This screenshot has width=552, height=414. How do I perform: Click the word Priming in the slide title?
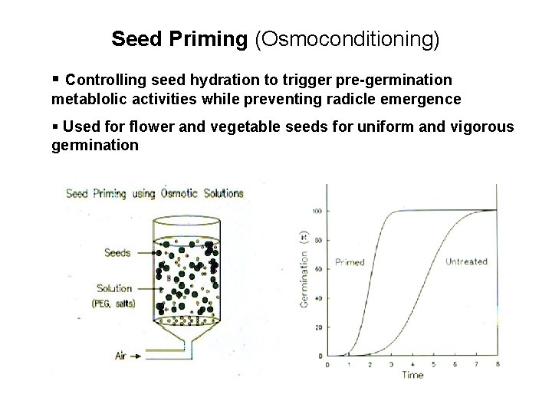[x=209, y=39]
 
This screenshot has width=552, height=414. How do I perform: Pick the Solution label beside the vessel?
[x=113, y=289]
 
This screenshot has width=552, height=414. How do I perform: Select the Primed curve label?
[x=350, y=262]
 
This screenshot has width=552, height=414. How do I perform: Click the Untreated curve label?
[x=466, y=262]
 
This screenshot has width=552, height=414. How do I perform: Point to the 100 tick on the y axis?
[x=316, y=210]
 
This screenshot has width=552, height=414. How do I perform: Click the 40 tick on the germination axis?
[x=317, y=297]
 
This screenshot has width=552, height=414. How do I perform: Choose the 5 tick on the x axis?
[x=433, y=364]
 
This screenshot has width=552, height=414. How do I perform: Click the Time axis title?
[x=412, y=376]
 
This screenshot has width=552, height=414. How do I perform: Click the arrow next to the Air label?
[x=135, y=356]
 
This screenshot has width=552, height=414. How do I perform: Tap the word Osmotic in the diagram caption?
[x=180, y=193]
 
